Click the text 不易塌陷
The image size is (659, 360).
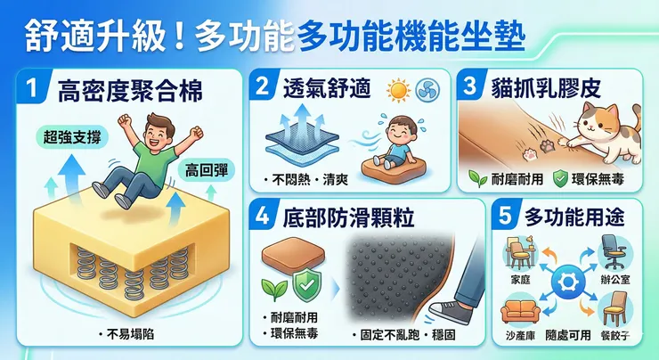click(x=131, y=334)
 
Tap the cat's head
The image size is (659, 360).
click(x=595, y=119)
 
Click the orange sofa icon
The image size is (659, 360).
click(x=519, y=311)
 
